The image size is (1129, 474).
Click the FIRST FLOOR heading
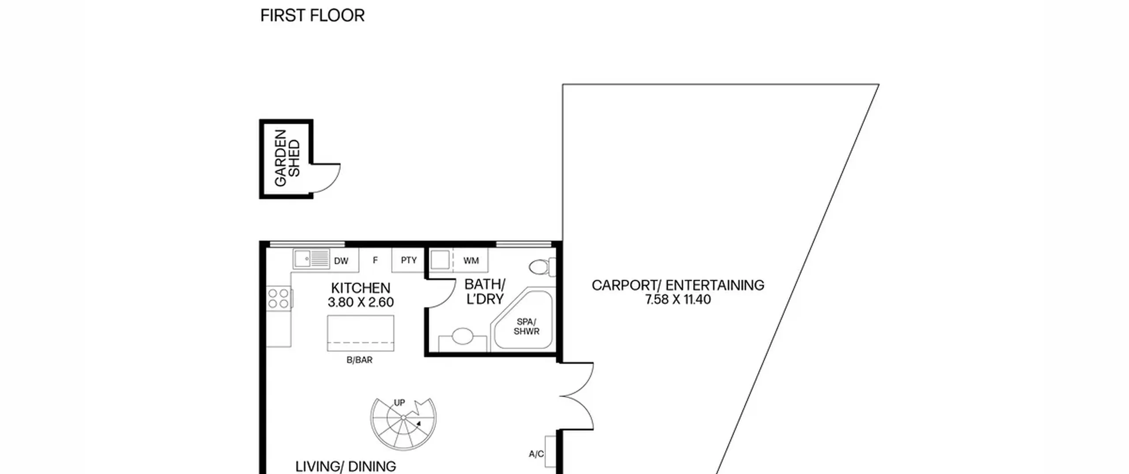[x=312, y=15]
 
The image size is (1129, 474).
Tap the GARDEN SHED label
[x=287, y=158]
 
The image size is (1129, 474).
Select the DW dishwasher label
[x=341, y=261]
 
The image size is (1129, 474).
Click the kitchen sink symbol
[x=311, y=259]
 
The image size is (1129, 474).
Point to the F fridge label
[x=375, y=261]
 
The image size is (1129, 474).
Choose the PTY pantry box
[x=408, y=260]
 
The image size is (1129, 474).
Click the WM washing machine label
[x=471, y=261]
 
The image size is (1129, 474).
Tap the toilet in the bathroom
[x=542, y=267]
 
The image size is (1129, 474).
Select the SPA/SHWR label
[x=526, y=327]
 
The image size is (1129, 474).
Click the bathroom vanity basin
[x=462, y=337]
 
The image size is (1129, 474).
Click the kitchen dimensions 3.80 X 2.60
[x=361, y=302]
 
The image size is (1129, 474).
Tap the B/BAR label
[x=359, y=360]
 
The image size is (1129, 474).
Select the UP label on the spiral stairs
[x=399, y=403]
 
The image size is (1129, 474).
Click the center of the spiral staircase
[x=404, y=418]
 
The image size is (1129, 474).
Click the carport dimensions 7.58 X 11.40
[x=678, y=300]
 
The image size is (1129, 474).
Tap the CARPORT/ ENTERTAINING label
[x=678, y=286]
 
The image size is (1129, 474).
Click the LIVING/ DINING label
[x=346, y=467]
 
